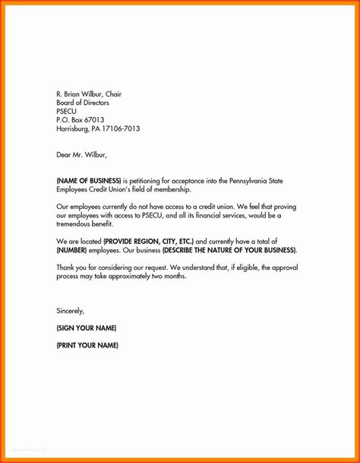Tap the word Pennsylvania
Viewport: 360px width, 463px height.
point(269,180)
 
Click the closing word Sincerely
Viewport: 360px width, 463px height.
point(71,310)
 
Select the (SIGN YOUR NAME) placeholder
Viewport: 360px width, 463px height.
point(87,328)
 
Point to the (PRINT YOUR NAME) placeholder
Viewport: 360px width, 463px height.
point(87,345)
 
